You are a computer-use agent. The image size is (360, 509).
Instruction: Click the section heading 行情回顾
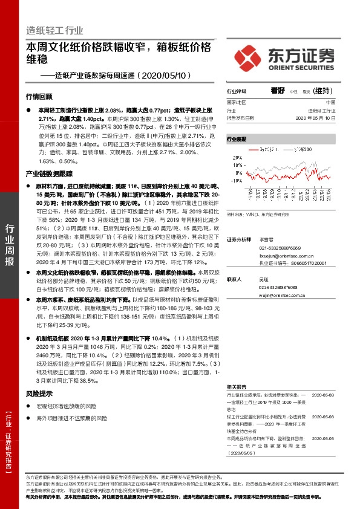point(39,96)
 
